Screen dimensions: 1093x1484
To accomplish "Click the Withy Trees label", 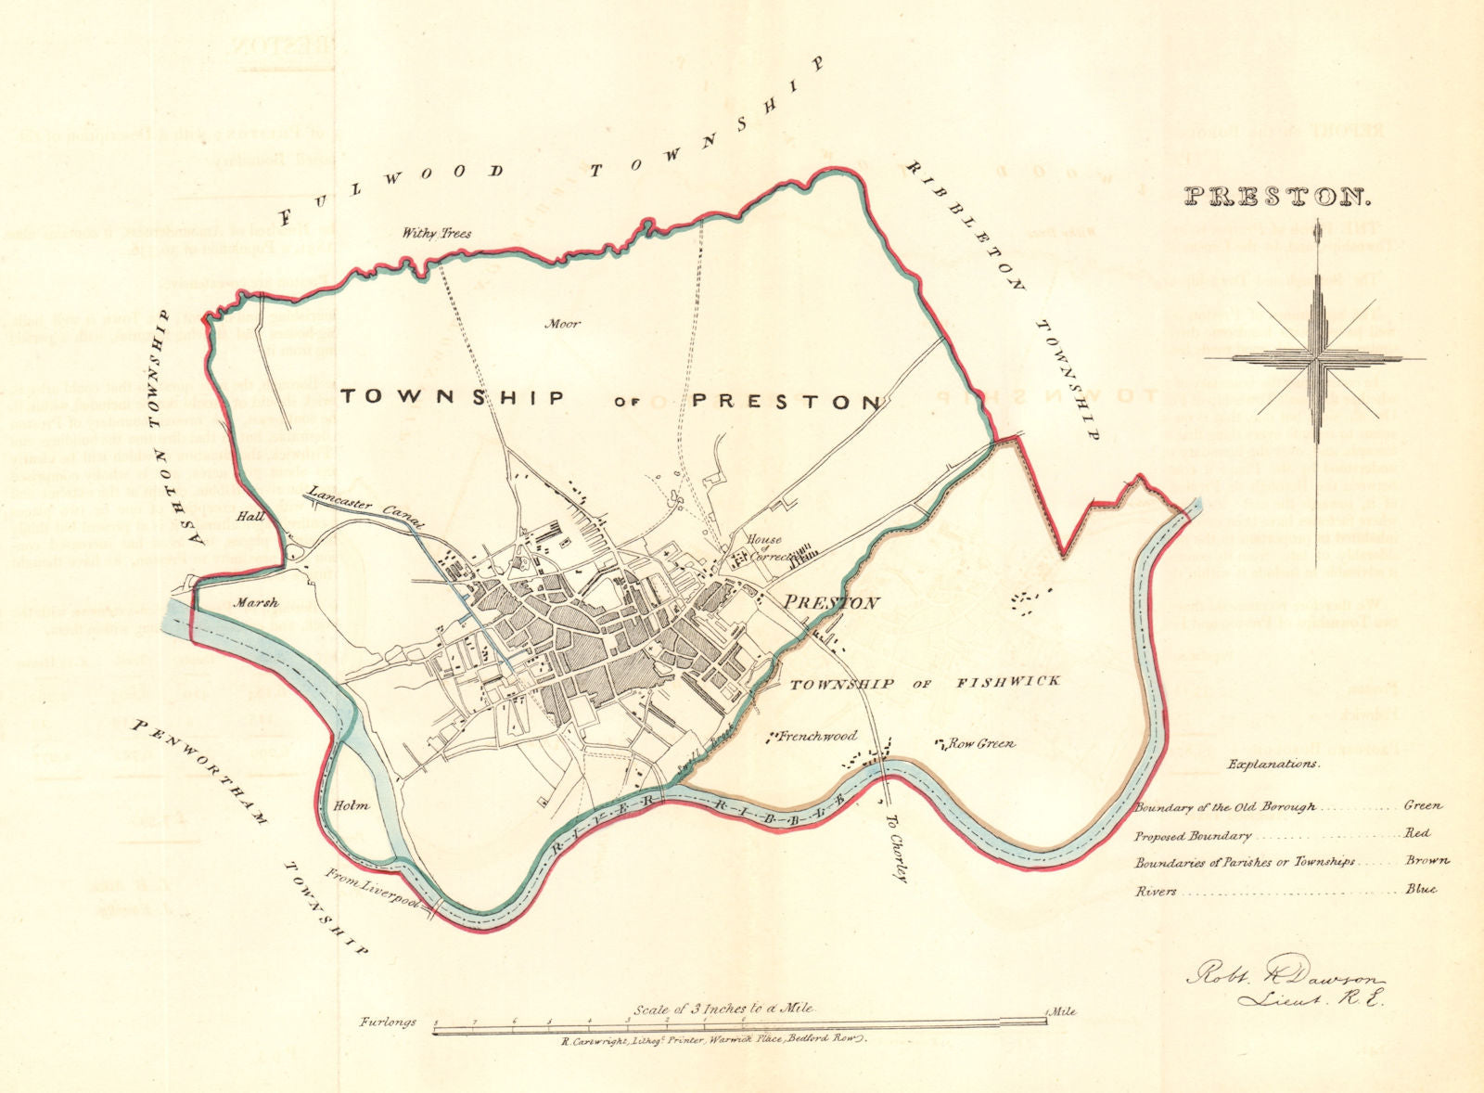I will pos(436,234).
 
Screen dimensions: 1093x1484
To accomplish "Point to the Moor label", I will pos(563,324).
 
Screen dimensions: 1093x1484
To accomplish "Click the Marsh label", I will pos(256,603).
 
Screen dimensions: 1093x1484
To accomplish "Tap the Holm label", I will pos(352,805).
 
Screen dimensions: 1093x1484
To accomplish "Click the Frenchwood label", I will pos(817,736).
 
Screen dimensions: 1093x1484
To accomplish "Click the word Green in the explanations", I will pos(1424,806).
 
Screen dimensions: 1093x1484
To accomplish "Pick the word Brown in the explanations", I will pos(1426,861).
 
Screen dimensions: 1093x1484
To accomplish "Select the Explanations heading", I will pos(1273,764).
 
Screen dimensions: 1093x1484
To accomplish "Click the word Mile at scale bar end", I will pos(1062,1011).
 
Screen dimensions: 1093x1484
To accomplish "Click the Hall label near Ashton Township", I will pos(247,515).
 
